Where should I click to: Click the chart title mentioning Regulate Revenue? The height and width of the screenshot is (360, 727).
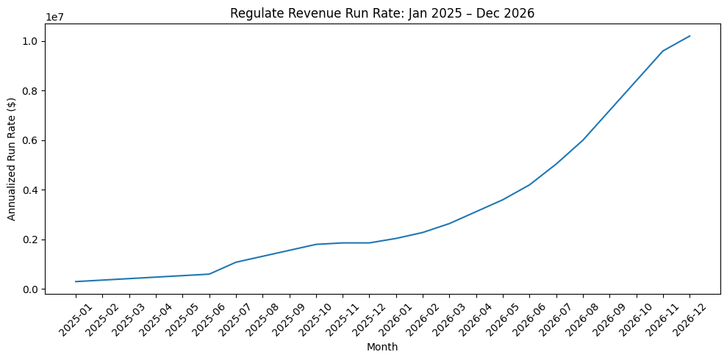382,12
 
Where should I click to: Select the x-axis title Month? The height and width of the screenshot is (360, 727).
382,347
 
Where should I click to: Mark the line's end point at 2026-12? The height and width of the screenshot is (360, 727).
690,36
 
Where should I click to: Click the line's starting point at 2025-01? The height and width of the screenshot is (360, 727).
76,281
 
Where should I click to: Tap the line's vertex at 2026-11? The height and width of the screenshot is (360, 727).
663,51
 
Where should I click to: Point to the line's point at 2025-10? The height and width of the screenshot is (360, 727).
316,245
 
